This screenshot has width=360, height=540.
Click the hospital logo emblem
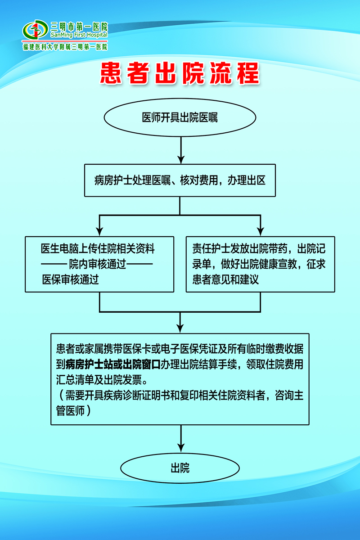(35, 30)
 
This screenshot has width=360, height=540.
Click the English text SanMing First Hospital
(79, 35)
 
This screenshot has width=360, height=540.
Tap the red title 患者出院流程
(180, 74)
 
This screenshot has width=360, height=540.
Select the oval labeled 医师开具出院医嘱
(180, 118)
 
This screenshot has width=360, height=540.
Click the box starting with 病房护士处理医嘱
(180, 180)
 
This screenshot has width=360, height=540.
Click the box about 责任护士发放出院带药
(260, 264)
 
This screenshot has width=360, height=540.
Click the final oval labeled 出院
(180, 468)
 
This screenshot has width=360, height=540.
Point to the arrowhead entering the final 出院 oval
(180, 448)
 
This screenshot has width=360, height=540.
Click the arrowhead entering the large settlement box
(180, 328)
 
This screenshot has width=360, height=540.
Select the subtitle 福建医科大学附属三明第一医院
(65, 47)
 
